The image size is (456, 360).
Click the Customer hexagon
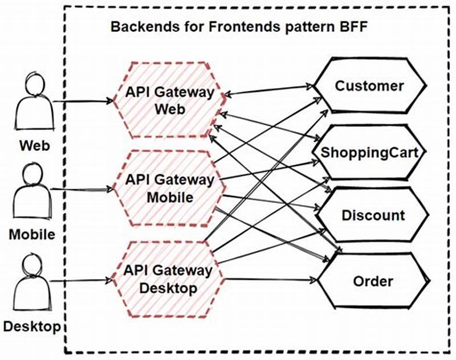point(369,87)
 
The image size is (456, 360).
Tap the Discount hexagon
point(373,215)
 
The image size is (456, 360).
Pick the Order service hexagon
point(373,281)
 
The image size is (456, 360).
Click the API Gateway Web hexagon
point(170,101)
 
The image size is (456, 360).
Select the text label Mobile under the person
point(32,234)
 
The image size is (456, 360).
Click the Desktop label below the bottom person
point(32,327)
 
